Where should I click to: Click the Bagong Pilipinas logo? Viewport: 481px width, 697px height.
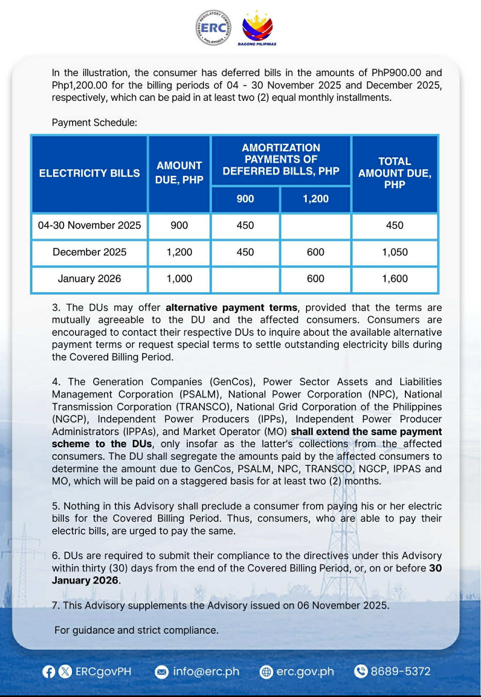pyautogui.click(x=257, y=27)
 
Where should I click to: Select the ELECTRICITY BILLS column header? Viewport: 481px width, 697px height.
pyautogui.click(x=89, y=173)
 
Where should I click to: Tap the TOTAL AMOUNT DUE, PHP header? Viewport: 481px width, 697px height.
pyautogui.click(x=395, y=173)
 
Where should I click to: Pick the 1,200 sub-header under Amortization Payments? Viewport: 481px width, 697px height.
pyautogui.click(x=315, y=199)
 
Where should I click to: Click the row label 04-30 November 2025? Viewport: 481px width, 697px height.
pyautogui.click(x=89, y=225)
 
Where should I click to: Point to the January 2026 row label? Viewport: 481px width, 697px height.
pyautogui.click(x=89, y=279)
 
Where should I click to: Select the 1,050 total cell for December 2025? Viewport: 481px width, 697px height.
pyautogui.click(x=395, y=252)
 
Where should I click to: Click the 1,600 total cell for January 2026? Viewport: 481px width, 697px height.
pyautogui.click(x=395, y=279)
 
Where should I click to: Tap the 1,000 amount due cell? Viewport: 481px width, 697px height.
pyautogui.click(x=179, y=279)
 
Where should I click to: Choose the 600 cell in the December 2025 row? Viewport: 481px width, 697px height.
pyautogui.click(x=315, y=252)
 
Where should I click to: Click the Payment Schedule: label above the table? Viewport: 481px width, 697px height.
pyautogui.click(x=94, y=123)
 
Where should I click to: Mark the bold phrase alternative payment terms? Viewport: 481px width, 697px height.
pyautogui.click(x=231, y=308)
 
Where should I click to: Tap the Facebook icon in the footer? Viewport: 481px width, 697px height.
pyautogui.click(x=49, y=671)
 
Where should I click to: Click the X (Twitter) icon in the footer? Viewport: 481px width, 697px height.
pyautogui.click(x=65, y=671)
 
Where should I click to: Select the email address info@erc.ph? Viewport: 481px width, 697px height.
pyautogui.click(x=206, y=671)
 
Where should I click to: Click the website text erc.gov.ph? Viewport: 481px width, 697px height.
pyautogui.click(x=305, y=671)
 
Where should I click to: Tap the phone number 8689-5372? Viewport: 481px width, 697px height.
pyautogui.click(x=400, y=671)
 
